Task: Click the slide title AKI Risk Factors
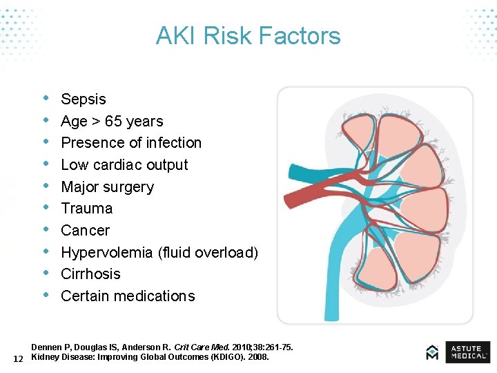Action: (248, 36)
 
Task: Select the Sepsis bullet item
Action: (84, 99)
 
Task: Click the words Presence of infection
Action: (131, 143)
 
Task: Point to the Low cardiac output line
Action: (124, 165)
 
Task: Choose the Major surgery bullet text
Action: (107, 187)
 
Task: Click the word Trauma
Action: (86, 209)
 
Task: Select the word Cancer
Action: (85, 231)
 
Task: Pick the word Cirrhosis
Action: (90, 274)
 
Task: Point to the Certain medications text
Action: (128, 296)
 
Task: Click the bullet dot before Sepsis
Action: (46, 99)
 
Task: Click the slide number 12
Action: (19, 358)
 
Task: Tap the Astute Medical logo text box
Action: (467, 352)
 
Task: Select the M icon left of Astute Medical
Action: (432, 352)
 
